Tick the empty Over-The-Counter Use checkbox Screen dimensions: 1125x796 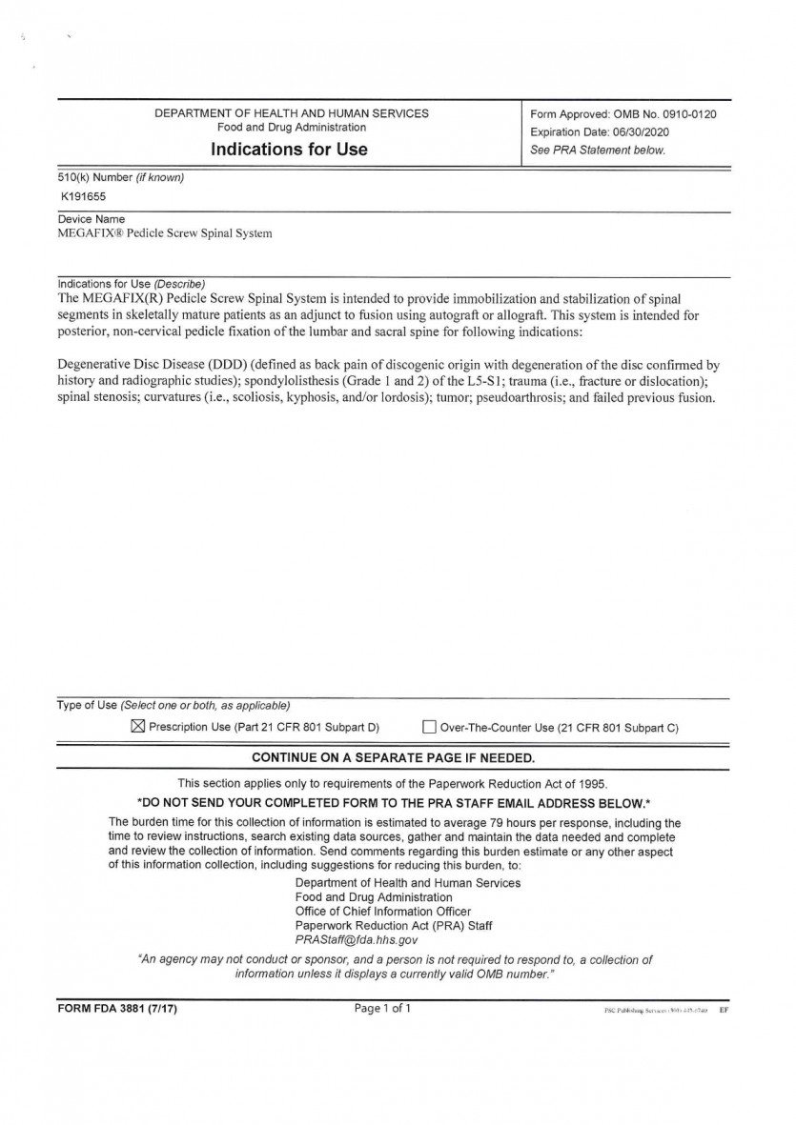(429, 728)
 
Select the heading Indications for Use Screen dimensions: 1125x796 (289, 150)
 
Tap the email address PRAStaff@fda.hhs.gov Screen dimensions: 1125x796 (350, 939)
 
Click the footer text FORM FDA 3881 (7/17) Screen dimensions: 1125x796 (116, 1009)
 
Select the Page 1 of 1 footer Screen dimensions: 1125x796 (382, 1008)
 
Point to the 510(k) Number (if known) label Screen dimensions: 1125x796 (121, 178)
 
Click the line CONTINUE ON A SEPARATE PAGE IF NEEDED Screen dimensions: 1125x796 (393, 758)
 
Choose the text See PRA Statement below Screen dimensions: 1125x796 (598, 151)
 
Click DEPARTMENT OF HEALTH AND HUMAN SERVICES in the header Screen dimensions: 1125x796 (292, 113)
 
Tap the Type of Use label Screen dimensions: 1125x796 (87, 705)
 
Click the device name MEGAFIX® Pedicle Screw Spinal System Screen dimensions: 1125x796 (165, 233)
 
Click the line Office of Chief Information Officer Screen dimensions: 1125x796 (383, 911)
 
